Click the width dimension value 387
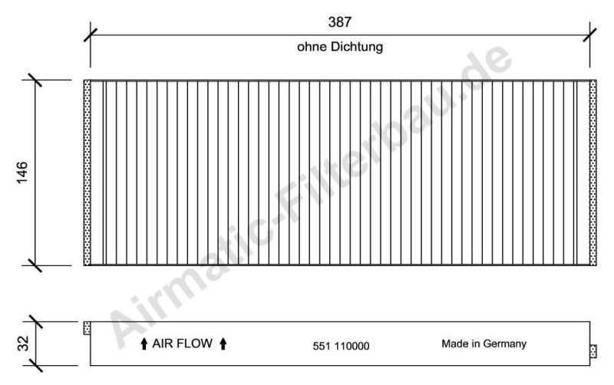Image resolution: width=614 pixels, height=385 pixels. [340, 22]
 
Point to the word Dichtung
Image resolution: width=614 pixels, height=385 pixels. [357, 48]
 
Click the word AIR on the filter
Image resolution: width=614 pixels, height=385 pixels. [165, 344]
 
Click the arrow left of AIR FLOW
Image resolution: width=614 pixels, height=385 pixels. [144, 344]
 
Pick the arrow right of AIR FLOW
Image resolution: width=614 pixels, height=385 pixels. [223, 344]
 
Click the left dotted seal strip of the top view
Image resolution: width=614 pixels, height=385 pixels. [87, 173]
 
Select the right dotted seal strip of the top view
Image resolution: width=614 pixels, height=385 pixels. [593, 173]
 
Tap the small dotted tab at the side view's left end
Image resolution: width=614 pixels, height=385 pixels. [87, 329]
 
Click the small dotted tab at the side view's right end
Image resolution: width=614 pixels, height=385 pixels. [593, 351]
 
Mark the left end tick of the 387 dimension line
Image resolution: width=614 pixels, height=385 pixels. [91, 35]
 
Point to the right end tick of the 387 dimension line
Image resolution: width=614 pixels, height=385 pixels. [590, 35]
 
